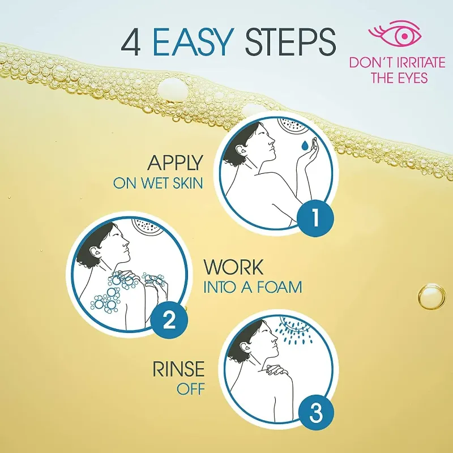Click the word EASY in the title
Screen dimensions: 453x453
tap(193, 42)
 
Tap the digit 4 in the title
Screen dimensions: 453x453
tap(131, 42)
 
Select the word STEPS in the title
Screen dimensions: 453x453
tap(290, 42)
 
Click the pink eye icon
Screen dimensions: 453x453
tap(395, 33)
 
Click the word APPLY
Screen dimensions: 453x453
tap(175, 163)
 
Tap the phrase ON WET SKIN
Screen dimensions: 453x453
tap(158, 183)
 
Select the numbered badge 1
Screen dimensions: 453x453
tap(315, 218)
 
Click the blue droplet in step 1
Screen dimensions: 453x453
tap(305, 146)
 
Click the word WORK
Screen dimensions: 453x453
tap(233, 267)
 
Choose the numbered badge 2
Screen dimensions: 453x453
tap(169, 320)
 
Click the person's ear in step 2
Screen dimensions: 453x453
tap(95, 251)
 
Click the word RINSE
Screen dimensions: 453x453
tap(178, 369)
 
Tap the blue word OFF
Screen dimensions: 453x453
tap(191, 389)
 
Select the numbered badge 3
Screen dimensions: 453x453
tap(315, 413)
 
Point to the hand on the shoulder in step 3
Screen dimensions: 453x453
tap(276, 370)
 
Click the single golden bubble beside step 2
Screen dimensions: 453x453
tap(432, 297)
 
